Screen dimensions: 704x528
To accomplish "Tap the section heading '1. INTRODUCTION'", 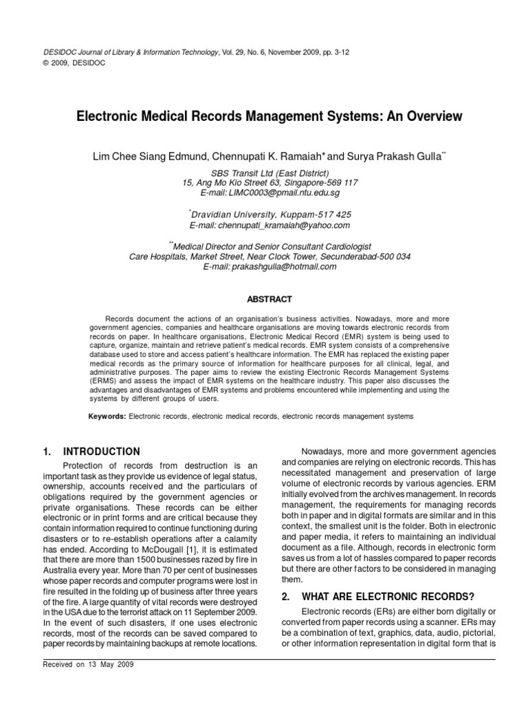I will pyautogui.click(x=91, y=452).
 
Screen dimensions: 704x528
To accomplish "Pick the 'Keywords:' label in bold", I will pyautogui.click(x=107, y=417).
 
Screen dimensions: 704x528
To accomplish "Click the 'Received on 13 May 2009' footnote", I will pyautogui.click(x=89, y=665).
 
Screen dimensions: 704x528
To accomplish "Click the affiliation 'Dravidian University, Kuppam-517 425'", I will pyautogui.click(x=271, y=214).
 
